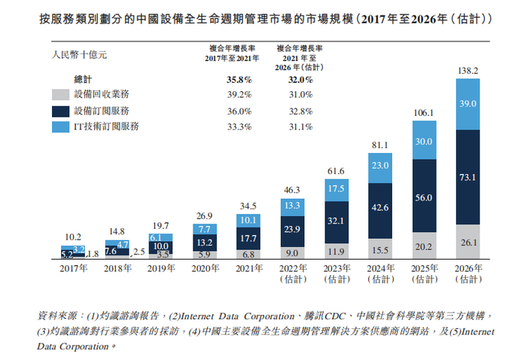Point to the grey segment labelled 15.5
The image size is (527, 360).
pyautogui.click(x=381, y=249)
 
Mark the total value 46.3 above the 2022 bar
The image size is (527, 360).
pyautogui.click(x=292, y=192)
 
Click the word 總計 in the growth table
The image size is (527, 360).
pyautogui.click(x=83, y=78)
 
